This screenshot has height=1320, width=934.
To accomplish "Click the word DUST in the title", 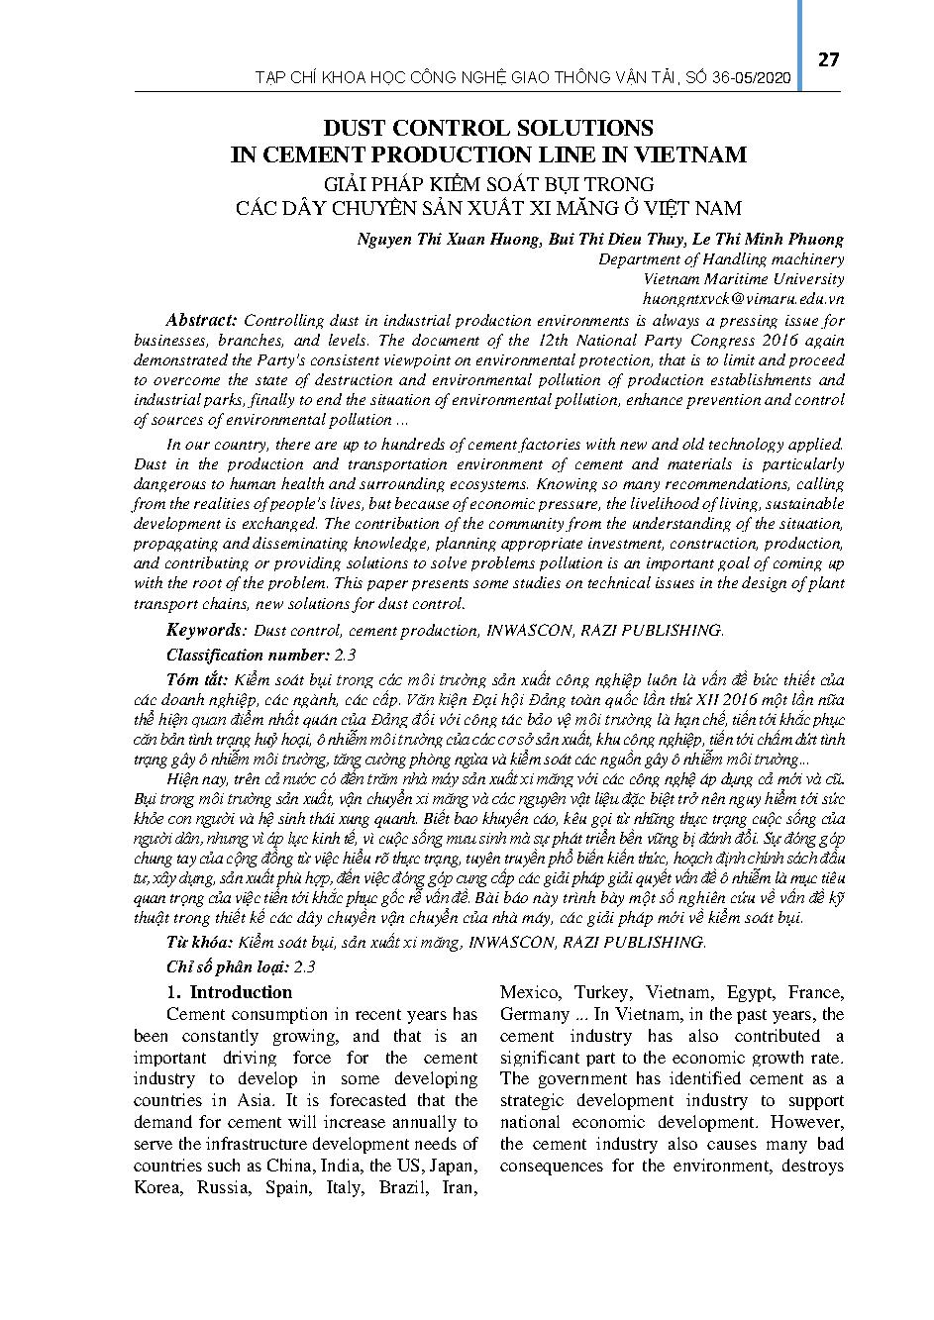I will tap(355, 128).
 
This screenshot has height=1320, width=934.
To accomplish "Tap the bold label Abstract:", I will tap(201, 320).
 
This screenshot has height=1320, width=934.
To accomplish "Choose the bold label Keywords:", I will tap(206, 630).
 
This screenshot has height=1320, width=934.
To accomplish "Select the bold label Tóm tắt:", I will tap(197, 679).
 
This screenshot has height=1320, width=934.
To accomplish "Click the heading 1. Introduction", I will tap(230, 992).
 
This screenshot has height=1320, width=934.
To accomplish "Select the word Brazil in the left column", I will tap(404, 1186).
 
